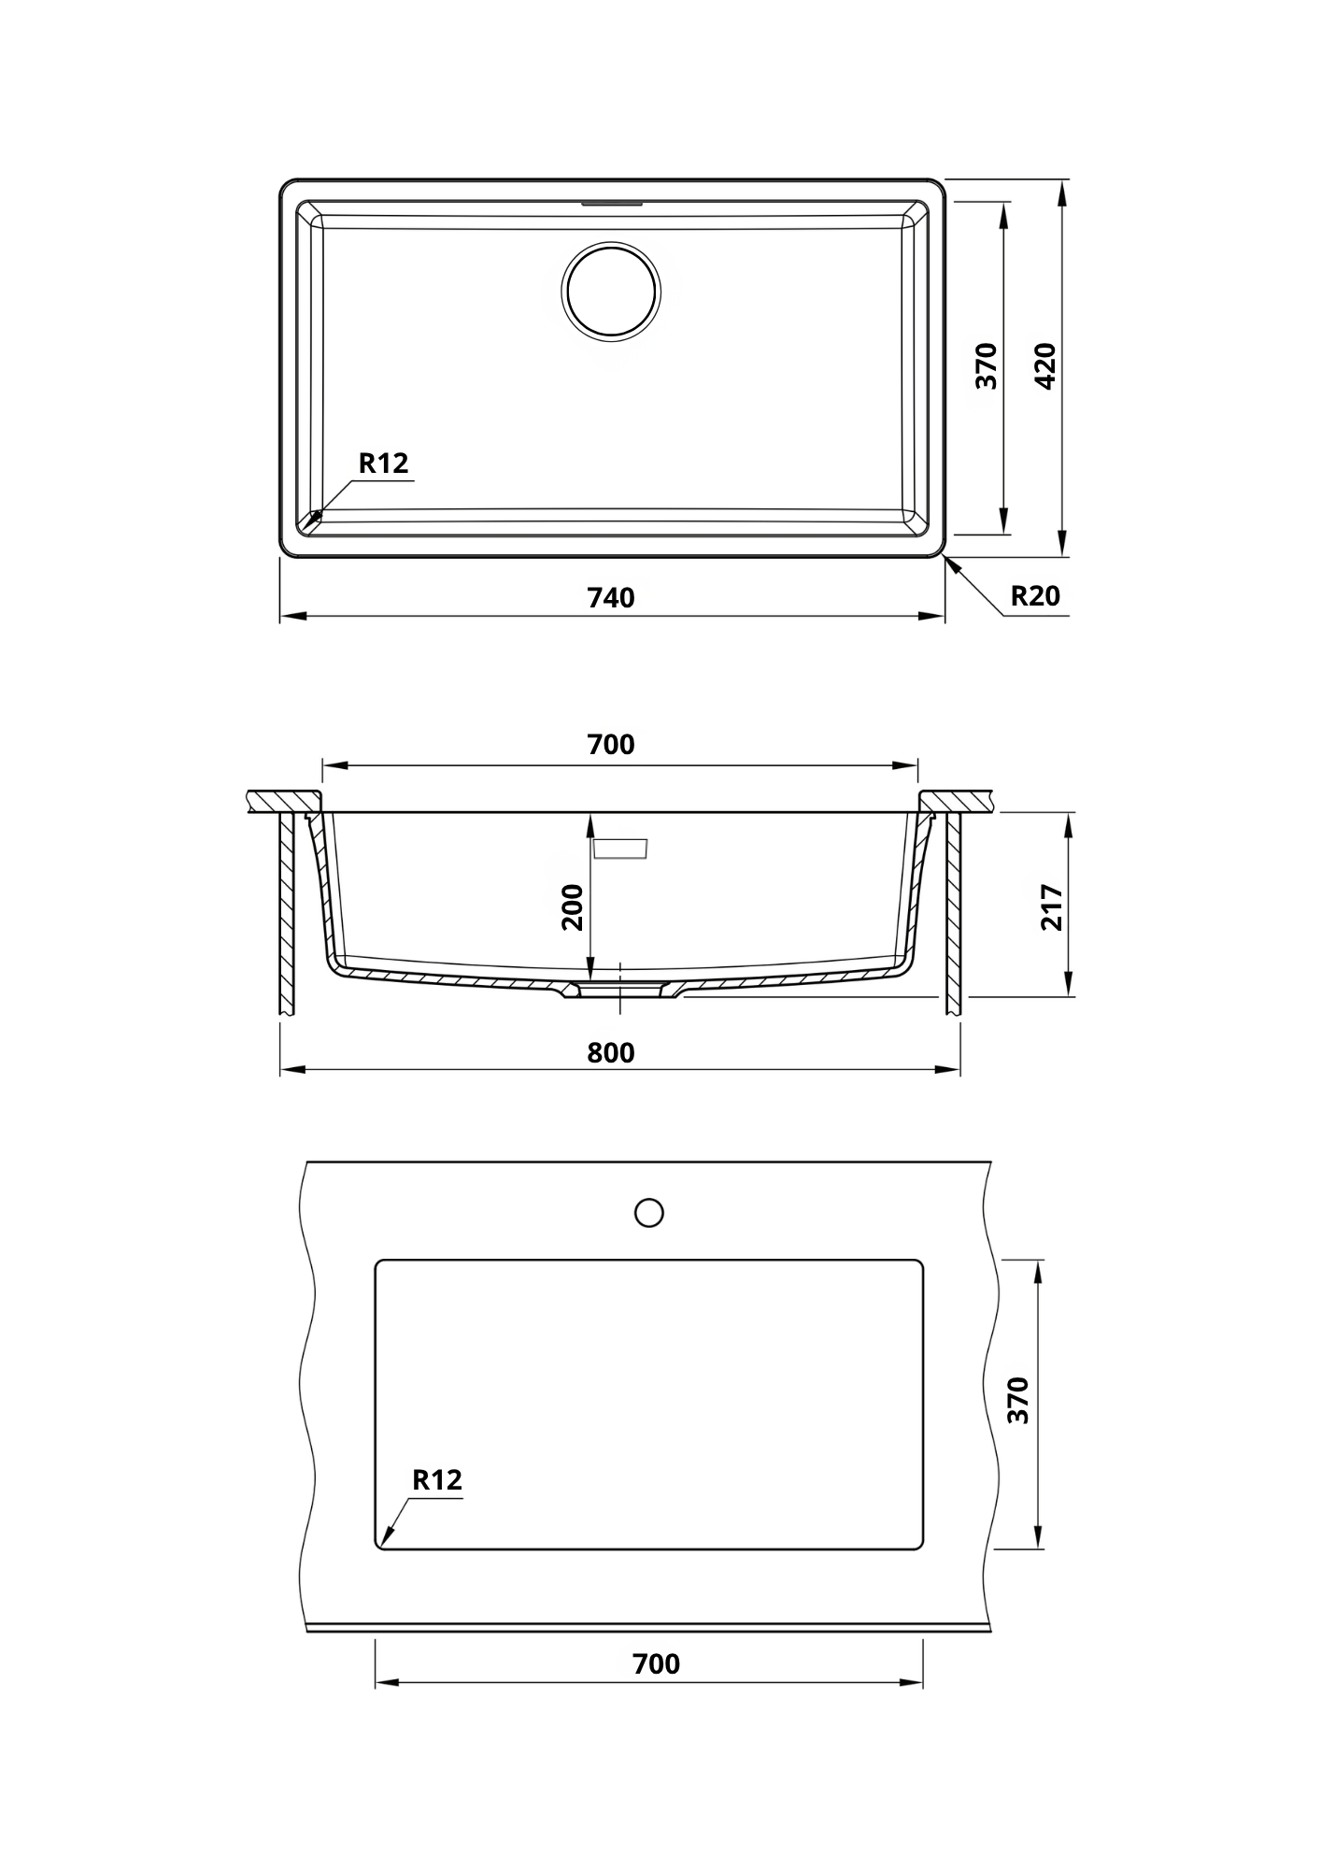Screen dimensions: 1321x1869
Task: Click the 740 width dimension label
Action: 611,598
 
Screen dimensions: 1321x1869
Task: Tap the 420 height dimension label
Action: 1046,366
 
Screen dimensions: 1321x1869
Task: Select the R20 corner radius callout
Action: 1036,595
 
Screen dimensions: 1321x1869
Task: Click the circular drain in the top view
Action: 611,291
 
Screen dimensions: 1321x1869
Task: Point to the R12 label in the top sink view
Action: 384,464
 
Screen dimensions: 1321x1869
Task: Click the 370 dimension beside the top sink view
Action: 987,366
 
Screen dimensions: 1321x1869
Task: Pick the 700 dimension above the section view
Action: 611,745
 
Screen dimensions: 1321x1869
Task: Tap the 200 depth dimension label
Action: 572,907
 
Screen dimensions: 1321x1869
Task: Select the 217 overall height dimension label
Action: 1052,907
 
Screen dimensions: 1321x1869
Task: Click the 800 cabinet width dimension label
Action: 611,1053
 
